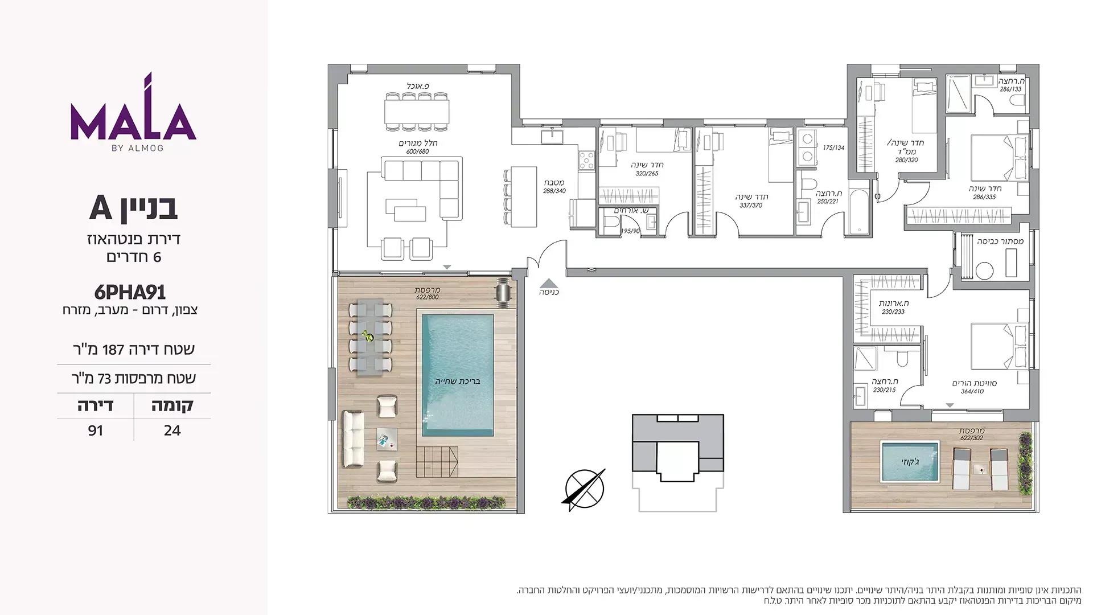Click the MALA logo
point(133,112)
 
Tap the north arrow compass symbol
point(584,489)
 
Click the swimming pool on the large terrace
point(458,376)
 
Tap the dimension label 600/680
point(418,151)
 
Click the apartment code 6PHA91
point(130,292)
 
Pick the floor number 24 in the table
point(172,430)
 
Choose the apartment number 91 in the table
point(96,430)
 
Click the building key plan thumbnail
point(677,462)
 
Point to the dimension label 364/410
point(972,392)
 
